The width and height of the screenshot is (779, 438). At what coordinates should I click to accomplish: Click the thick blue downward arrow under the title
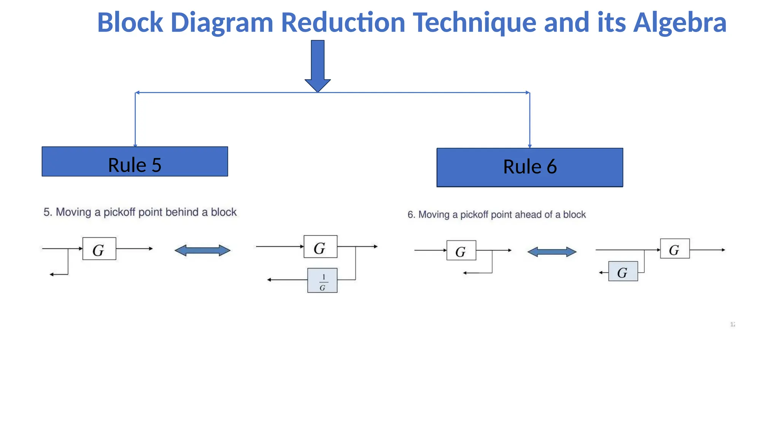point(318,65)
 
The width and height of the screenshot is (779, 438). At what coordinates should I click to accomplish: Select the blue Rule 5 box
point(135,162)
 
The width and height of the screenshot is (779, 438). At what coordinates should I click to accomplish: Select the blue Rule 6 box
point(529,167)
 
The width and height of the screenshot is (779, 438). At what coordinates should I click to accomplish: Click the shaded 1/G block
point(322,281)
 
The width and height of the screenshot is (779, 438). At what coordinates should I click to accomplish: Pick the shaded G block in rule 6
point(623,271)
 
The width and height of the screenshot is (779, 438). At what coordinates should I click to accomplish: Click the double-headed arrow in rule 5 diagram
point(202,251)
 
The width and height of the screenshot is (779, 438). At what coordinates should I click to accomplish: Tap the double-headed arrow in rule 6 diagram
point(552,252)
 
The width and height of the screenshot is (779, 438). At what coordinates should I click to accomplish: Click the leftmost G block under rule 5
point(99,249)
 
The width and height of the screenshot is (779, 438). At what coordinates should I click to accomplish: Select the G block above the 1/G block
point(320,247)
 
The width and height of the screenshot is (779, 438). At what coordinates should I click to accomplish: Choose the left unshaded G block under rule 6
point(461,251)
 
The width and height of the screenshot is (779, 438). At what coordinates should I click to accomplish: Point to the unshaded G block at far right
point(675,249)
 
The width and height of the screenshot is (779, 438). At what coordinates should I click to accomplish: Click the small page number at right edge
point(733,324)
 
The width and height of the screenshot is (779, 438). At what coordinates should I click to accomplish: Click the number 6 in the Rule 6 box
point(552,167)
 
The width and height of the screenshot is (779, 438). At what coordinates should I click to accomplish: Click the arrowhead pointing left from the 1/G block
point(269,280)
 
